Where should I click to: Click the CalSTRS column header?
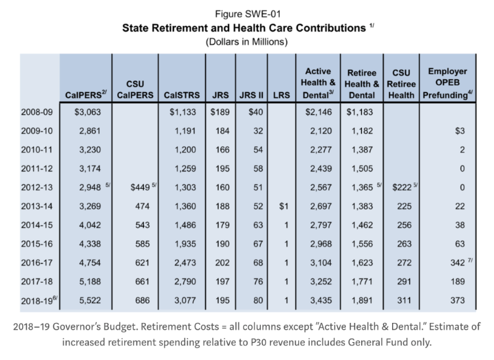coord(182,95)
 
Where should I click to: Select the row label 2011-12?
coord(36,169)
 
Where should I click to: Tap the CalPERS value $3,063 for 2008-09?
coord(88,112)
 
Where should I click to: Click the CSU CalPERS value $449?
coord(140,187)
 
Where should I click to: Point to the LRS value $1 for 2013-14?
coord(283,206)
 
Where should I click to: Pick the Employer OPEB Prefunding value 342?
coord(458,262)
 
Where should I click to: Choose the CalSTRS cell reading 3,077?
coord(185,300)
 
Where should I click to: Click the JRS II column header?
coord(251,95)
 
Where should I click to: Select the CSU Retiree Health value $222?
coord(402,187)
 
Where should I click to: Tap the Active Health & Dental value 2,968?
coord(320,244)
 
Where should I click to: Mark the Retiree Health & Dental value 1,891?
coord(362,300)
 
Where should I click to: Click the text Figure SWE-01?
coord(248,14)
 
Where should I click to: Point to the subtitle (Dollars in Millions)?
coord(246,42)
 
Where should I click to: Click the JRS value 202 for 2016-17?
coord(222,262)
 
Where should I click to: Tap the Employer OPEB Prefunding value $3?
coord(459,131)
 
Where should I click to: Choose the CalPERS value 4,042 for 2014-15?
coord(90,225)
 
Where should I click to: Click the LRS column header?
coord(282,95)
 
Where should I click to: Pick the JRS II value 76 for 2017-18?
coord(258,281)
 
